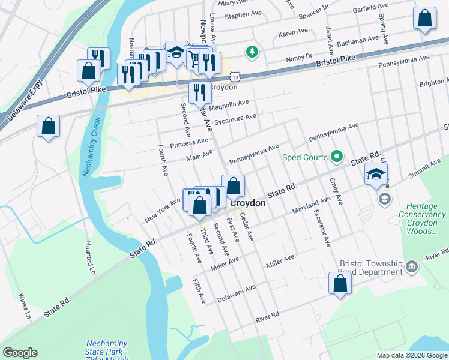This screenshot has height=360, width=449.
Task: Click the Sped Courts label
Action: pyautogui.click(x=305, y=158)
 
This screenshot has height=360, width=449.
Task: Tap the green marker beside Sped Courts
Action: pyautogui.click(x=337, y=158)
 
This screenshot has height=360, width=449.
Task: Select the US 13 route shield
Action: pyautogui.click(x=235, y=77)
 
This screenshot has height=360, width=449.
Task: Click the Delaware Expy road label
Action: pyautogui.click(x=24, y=99)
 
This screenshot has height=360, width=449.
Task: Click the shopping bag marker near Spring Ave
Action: pyautogui.click(x=424, y=19)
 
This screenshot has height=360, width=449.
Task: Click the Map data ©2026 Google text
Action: pyautogui.click(x=411, y=355)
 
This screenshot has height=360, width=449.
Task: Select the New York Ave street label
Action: pyautogui.click(x=162, y=211)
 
